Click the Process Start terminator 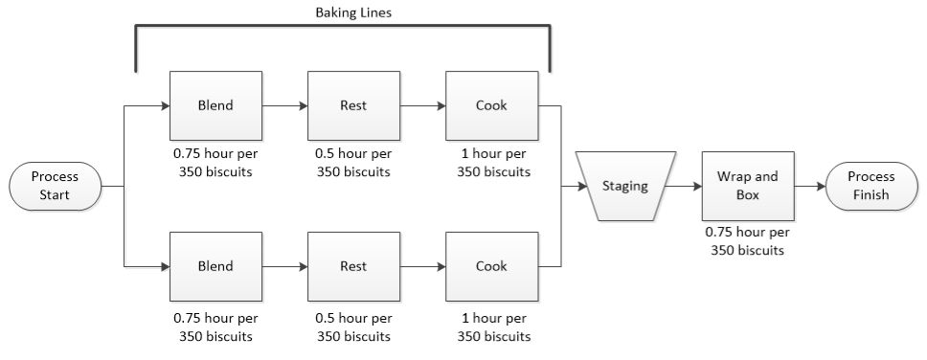(55, 186)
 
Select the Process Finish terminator (872, 186)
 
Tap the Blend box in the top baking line (215, 106)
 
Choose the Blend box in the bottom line (215, 266)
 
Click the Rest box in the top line (353, 106)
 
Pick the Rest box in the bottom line (353, 266)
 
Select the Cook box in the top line (491, 106)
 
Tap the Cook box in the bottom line (491, 266)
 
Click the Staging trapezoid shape (623, 187)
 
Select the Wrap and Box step (747, 186)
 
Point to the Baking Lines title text (343, 13)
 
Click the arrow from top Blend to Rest (284, 106)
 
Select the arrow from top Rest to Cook (422, 106)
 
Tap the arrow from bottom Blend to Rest (284, 266)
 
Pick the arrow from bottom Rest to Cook (422, 266)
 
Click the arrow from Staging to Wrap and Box (681, 187)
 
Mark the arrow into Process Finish (810, 187)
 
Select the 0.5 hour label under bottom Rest (353, 326)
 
